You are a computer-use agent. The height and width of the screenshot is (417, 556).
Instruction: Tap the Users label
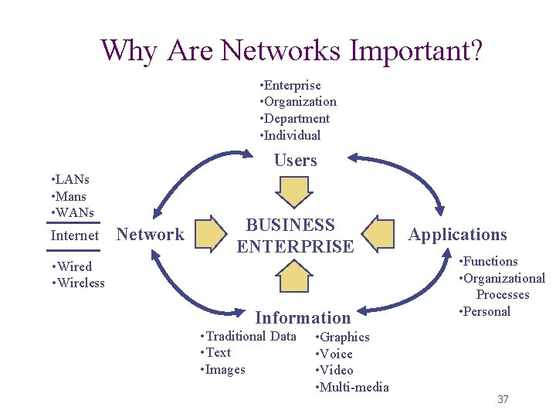click(x=296, y=161)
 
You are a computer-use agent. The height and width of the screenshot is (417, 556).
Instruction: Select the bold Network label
click(x=150, y=235)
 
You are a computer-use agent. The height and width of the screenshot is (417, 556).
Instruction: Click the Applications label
click(x=458, y=235)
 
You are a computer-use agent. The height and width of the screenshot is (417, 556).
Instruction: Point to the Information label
click(x=303, y=317)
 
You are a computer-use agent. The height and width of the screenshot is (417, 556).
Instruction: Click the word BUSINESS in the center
click(x=290, y=225)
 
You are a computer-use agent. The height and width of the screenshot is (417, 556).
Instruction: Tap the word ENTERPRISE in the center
click(x=295, y=247)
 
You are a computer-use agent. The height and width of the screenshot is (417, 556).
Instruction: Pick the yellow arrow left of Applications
click(x=379, y=235)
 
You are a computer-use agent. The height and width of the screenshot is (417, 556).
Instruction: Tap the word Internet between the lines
click(x=75, y=236)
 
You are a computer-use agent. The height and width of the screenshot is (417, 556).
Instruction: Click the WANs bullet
click(x=73, y=212)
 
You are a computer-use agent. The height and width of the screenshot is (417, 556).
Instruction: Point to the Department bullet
click(x=296, y=118)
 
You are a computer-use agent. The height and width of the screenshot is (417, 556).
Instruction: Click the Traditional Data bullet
click(x=248, y=336)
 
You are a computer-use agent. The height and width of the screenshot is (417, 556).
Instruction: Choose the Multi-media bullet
click(x=353, y=387)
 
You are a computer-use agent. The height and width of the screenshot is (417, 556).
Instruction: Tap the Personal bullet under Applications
click(x=485, y=311)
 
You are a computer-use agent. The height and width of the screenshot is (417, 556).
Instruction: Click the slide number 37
click(x=503, y=399)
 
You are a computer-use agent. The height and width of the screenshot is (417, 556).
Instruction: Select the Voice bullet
click(x=336, y=354)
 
